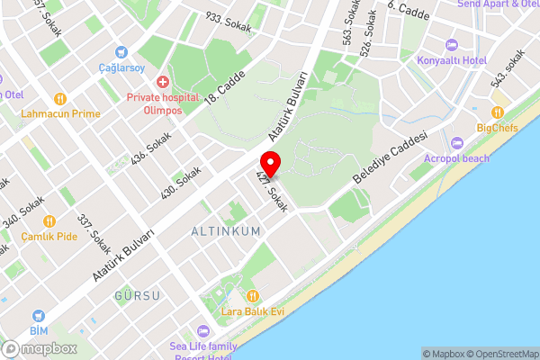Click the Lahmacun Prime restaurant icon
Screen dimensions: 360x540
pyautogui.click(x=60, y=99)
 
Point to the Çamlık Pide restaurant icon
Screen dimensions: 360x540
pyautogui.click(x=49, y=220)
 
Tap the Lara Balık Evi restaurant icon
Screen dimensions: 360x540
pyautogui.click(x=253, y=296)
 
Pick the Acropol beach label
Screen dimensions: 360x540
pyautogui.click(x=483, y=158)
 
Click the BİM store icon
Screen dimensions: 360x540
pyautogui.click(x=38, y=316)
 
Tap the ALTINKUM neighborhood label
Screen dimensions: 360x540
pyautogui.click(x=226, y=231)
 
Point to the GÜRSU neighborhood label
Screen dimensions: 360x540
pyautogui.click(x=137, y=295)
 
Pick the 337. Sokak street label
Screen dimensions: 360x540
pyautogui.click(x=94, y=233)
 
